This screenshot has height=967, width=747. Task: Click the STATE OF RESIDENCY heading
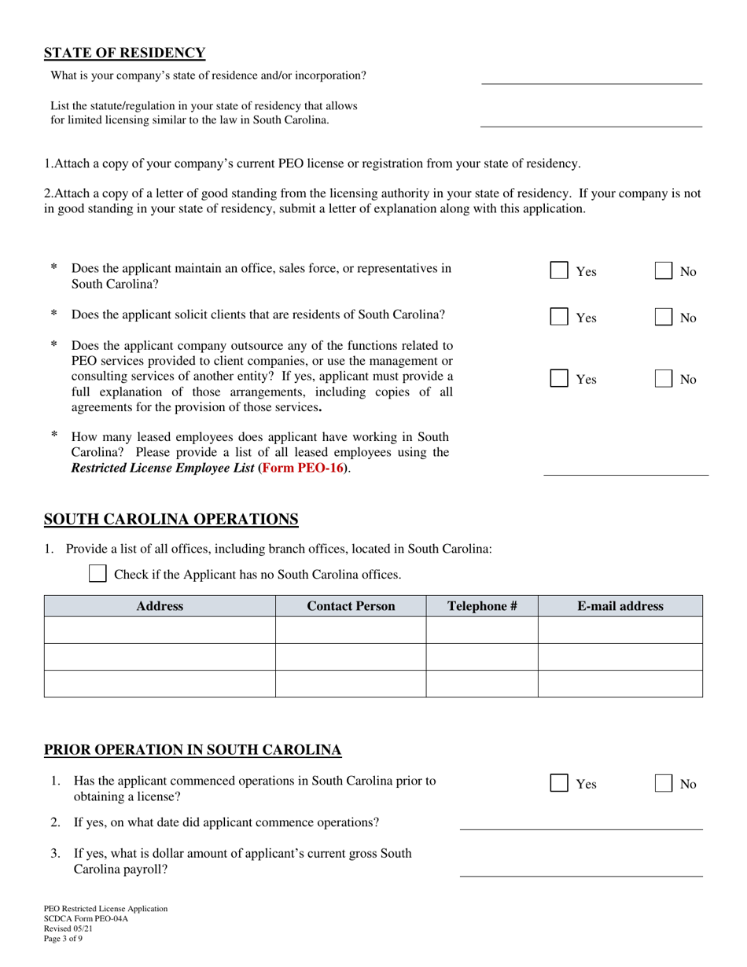(x=124, y=53)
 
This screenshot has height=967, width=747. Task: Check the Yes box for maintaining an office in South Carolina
(x=559, y=271)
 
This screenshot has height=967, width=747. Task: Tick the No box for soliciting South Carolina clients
(x=664, y=318)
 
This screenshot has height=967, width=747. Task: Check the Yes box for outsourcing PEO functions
(x=559, y=379)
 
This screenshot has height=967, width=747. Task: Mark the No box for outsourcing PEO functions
(x=664, y=379)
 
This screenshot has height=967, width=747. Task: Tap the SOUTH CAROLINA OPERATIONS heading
(x=171, y=520)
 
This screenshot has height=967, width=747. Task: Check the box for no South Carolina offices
(x=98, y=574)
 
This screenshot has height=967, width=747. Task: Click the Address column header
(x=160, y=606)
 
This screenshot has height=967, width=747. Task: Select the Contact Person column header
(x=351, y=606)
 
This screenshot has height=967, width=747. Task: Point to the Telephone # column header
(x=482, y=606)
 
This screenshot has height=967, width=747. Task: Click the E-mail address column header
(x=620, y=606)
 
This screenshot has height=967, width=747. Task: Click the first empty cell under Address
(x=160, y=631)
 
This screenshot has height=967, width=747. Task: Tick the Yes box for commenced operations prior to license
(x=559, y=784)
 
